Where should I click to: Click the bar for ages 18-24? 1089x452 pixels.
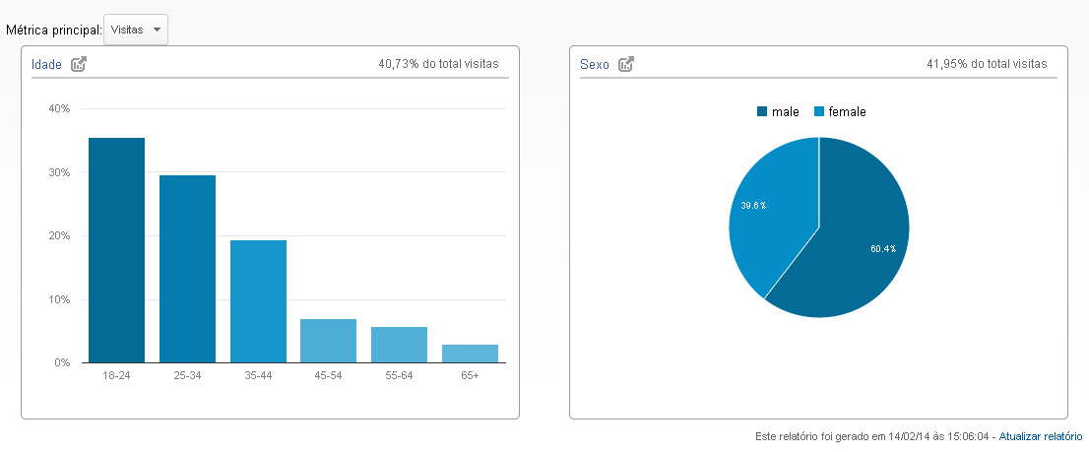[x=116, y=250]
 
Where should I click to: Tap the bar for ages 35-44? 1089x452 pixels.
[x=258, y=301]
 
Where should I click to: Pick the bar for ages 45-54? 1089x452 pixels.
[x=329, y=341]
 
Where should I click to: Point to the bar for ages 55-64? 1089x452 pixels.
[x=400, y=345]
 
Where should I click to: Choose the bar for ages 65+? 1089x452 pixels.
[x=471, y=354]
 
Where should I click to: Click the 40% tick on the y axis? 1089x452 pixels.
[x=59, y=109]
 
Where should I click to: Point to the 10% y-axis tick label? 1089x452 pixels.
[x=59, y=299]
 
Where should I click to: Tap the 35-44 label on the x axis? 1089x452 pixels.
[x=258, y=376]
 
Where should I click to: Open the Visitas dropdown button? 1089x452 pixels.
[x=135, y=30]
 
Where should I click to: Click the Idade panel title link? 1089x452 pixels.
[x=46, y=64]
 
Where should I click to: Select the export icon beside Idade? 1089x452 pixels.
[x=79, y=64]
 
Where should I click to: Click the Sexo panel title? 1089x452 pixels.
[x=594, y=64]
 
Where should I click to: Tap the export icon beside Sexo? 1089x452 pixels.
[x=626, y=64]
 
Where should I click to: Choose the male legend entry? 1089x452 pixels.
[x=778, y=112]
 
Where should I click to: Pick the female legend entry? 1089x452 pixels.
[x=840, y=112]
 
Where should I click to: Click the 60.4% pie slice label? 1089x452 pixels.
[x=882, y=249]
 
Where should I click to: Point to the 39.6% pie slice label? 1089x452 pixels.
[x=753, y=206]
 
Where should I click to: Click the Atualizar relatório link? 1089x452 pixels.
[x=1041, y=435]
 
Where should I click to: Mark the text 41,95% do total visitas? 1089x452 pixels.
[x=987, y=64]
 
